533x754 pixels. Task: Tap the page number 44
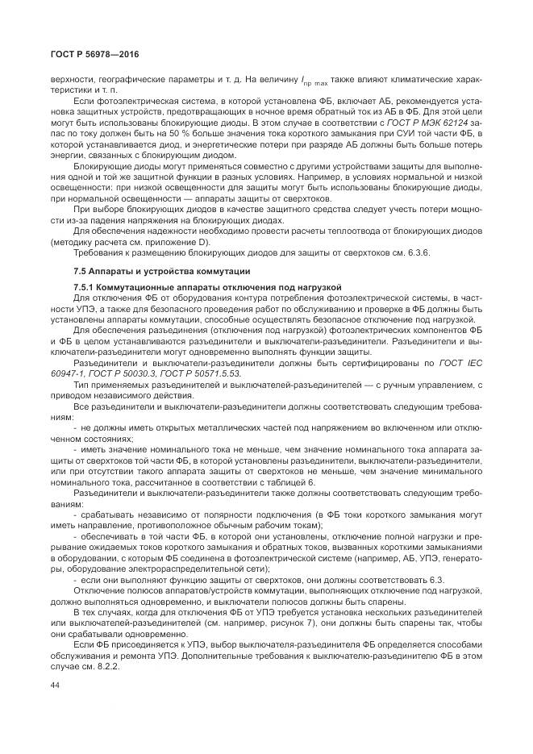(54, 685)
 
